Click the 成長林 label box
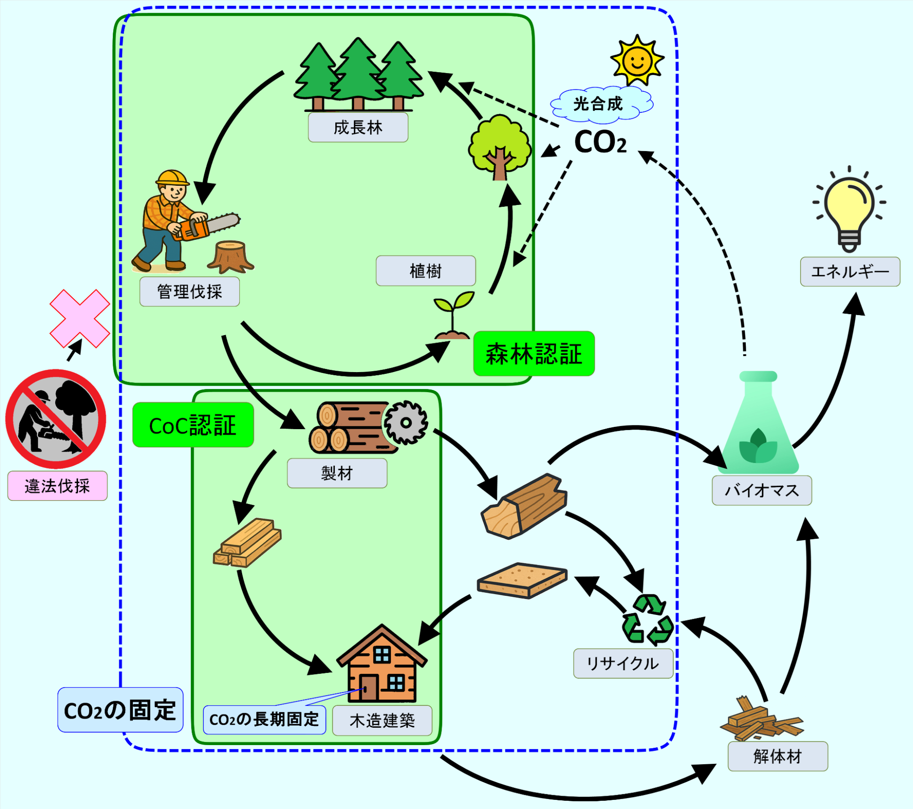tap(358, 127)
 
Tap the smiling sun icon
tap(637, 60)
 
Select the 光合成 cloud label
tap(598, 104)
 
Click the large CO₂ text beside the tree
tap(600, 142)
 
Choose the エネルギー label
tap(850, 272)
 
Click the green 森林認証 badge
tap(533, 354)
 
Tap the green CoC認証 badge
tap(193, 425)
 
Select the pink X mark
tap(79, 318)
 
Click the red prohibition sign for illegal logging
tap(56, 419)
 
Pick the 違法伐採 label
tap(57, 486)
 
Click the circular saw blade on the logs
tap(406, 422)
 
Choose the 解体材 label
tap(777, 756)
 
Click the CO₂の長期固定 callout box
tap(264, 720)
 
